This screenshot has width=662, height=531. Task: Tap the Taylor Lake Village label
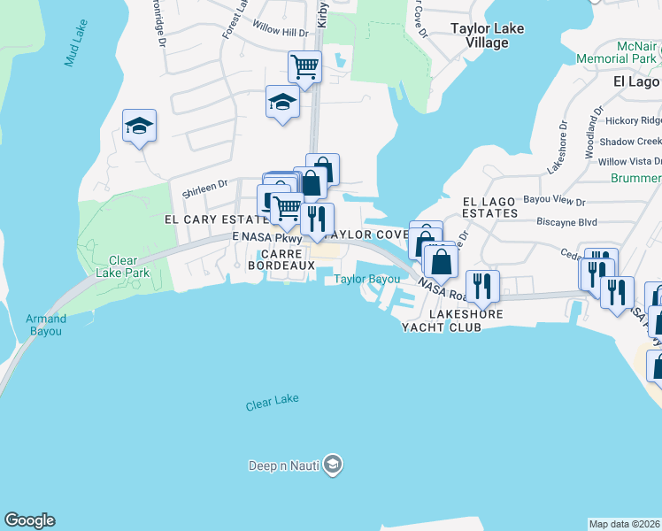(x=487, y=35)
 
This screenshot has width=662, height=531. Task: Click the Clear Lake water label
(x=273, y=403)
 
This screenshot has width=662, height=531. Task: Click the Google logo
(x=29, y=520)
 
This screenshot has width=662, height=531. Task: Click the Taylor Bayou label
(x=366, y=280)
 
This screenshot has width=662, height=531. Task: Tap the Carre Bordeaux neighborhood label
(x=281, y=258)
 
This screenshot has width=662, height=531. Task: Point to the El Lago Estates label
(x=489, y=207)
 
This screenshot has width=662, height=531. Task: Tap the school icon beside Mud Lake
(x=139, y=127)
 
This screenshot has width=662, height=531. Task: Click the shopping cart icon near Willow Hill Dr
(x=304, y=66)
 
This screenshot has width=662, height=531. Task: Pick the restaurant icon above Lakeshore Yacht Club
(x=482, y=285)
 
